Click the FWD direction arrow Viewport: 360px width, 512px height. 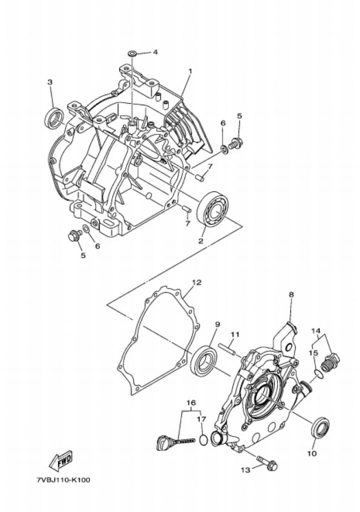(61, 460)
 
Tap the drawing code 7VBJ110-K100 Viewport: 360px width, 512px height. (63, 480)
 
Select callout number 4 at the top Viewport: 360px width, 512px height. (155, 52)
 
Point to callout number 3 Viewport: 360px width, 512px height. (49, 82)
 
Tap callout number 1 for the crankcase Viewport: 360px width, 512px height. (190, 70)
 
